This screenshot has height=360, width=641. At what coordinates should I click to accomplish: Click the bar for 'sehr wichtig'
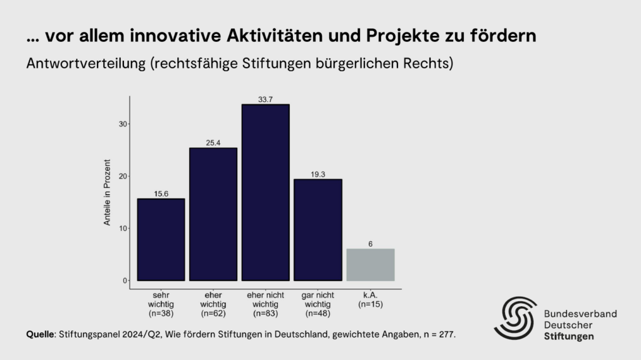tap(161, 239)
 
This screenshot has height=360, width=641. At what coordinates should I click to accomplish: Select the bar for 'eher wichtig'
tap(213, 214)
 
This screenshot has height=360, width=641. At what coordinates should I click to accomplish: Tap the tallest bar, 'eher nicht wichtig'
tap(265, 192)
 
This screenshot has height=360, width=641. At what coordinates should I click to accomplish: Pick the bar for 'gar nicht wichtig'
tap(317, 230)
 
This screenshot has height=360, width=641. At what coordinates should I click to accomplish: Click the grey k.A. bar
tap(370, 265)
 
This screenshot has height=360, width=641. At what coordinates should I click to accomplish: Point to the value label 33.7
tap(265, 100)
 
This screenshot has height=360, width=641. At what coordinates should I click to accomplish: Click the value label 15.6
tap(161, 193)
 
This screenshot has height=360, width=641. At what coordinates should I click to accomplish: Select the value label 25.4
tap(213, 143)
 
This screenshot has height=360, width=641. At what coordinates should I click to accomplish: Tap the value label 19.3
tap(317, 174)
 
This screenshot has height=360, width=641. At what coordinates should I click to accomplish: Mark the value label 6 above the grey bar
tap(370, 244)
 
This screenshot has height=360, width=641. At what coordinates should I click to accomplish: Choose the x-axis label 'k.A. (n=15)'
tap(370, 299)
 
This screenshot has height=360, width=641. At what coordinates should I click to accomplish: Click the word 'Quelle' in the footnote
tap(40, 334)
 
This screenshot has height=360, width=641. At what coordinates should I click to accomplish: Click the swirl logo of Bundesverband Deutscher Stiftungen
tap(515, 318)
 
